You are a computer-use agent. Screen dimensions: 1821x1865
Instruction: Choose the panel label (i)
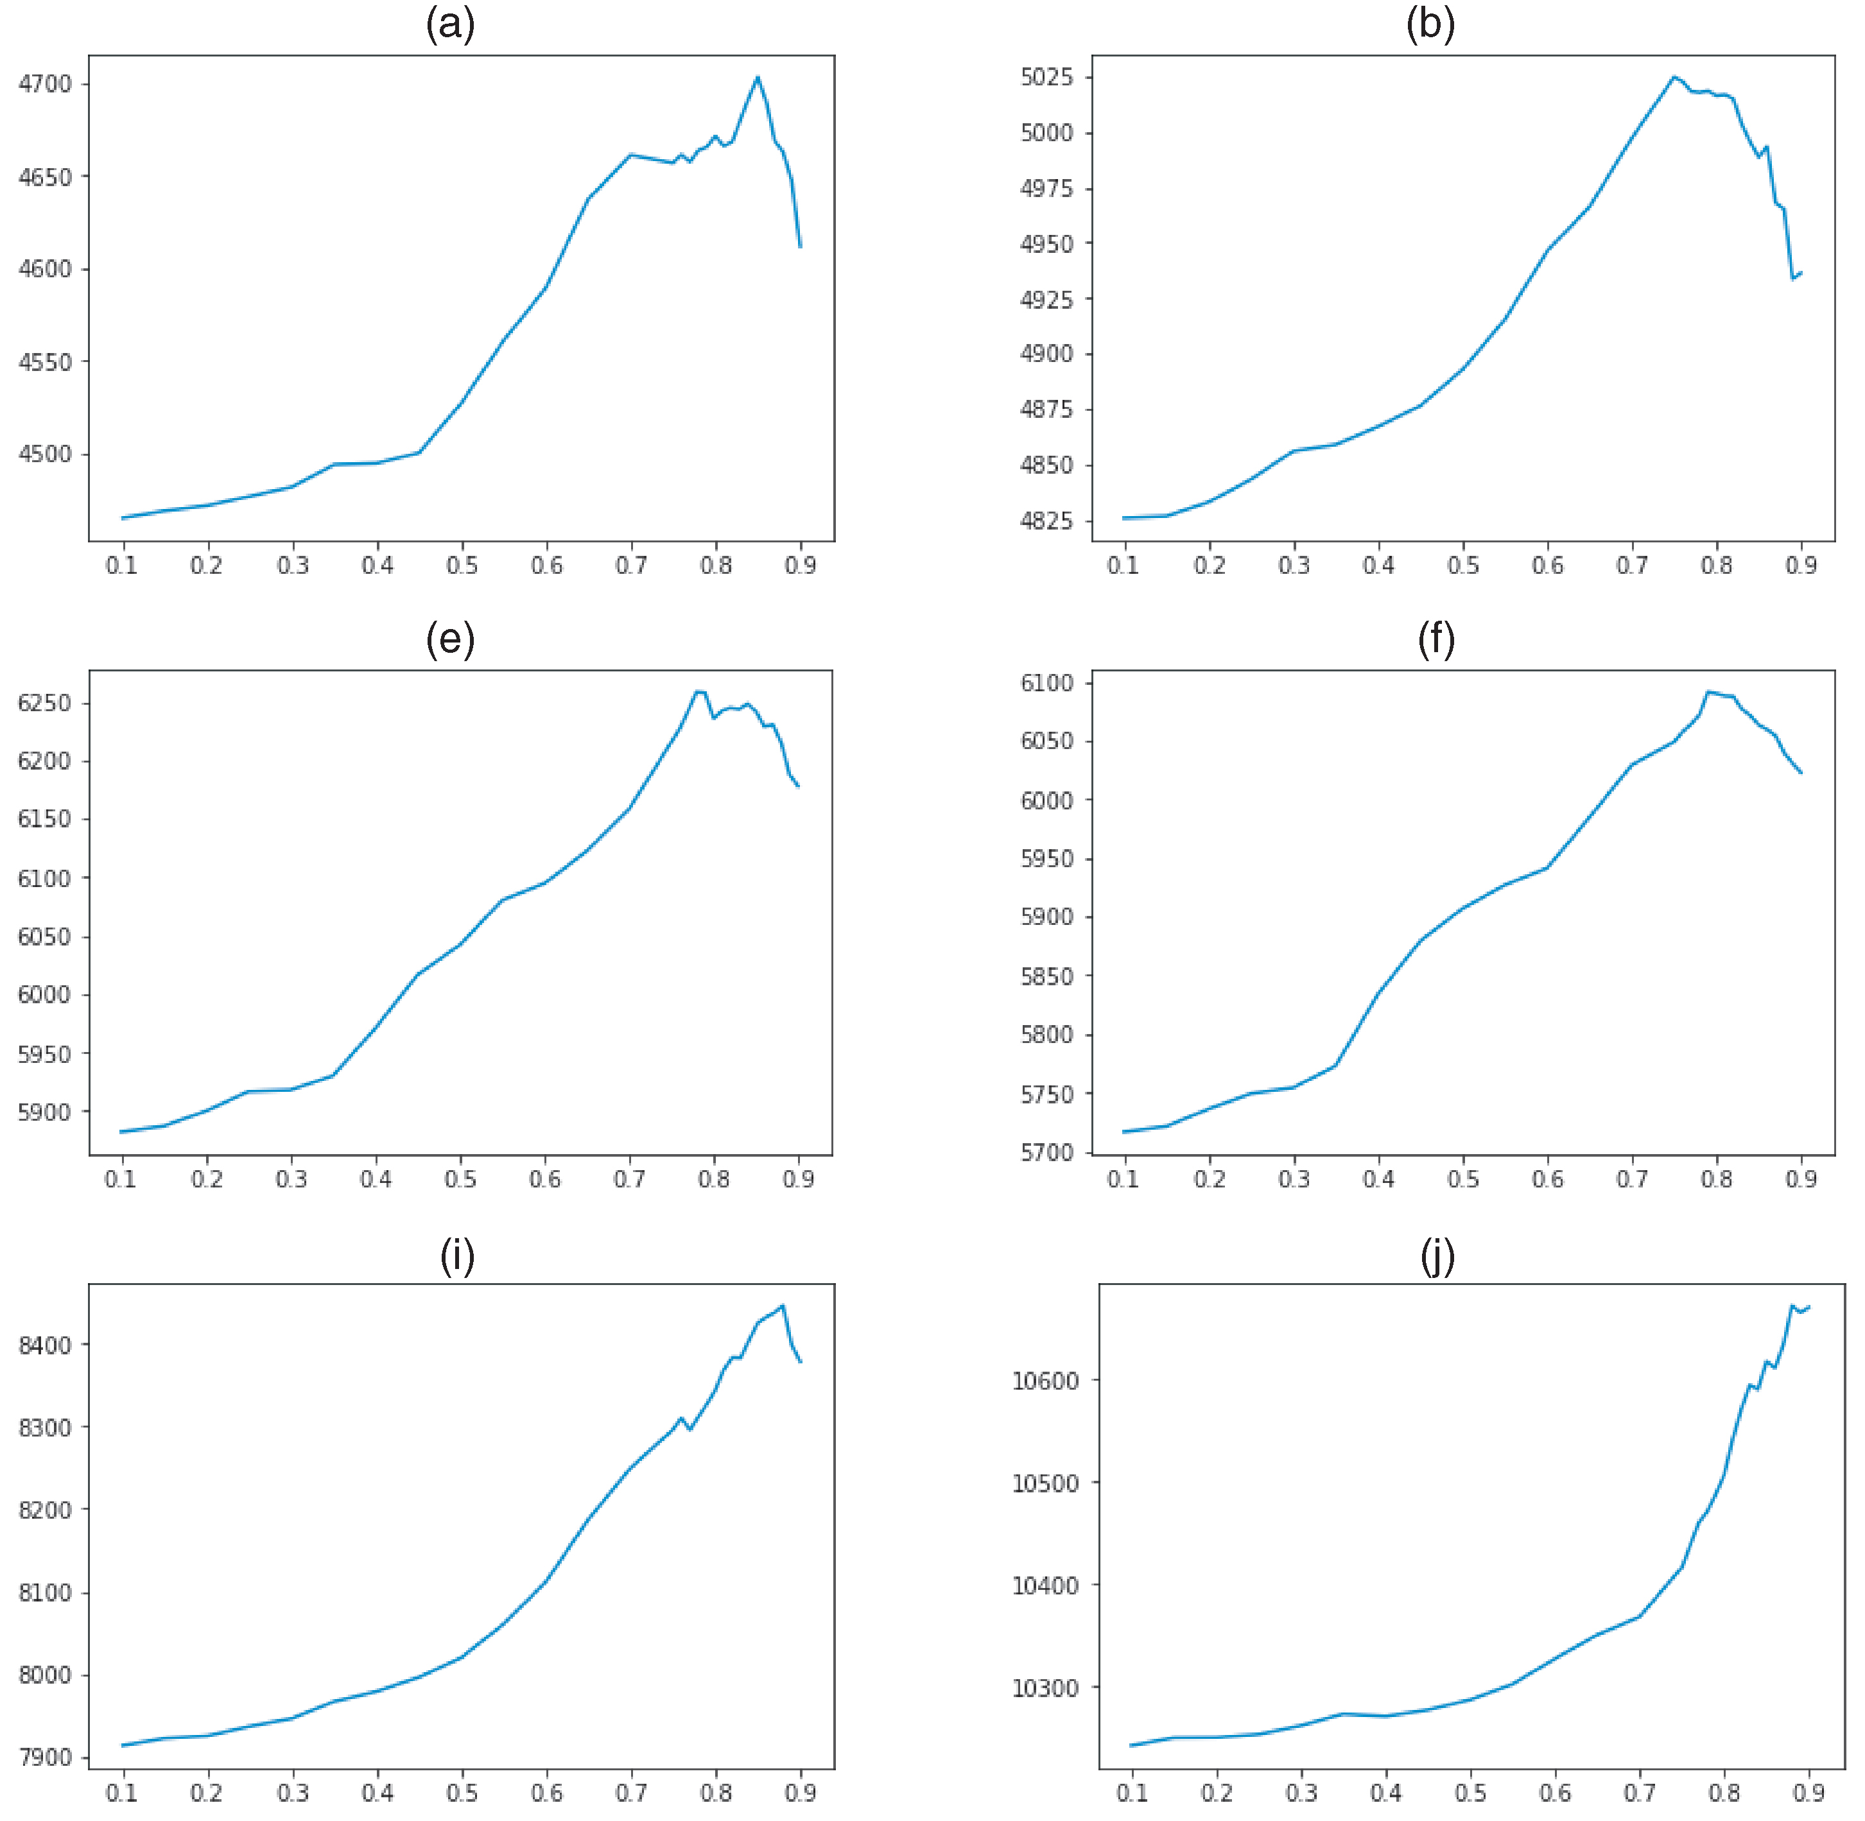click(457, 1256)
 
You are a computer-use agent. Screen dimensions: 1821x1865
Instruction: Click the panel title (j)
click(1437, 1256)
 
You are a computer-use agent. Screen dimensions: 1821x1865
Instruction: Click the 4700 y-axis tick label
click(45, 84)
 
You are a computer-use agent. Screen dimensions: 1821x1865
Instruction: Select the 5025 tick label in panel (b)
click(1046, 76)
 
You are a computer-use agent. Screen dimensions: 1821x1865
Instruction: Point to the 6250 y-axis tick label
click(44, 703)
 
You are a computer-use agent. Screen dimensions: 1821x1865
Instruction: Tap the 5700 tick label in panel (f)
click(1046, 1152)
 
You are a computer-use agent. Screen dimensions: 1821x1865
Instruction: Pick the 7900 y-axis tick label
click(45, 1757)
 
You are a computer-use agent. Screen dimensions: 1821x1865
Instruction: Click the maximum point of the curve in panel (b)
click(1674, 76)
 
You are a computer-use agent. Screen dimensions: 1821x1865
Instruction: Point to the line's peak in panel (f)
click(1708, 691)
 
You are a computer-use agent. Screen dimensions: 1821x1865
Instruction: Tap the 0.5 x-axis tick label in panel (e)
click(460, 1179)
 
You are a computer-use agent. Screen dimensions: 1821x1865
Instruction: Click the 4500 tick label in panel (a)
click(45, 454)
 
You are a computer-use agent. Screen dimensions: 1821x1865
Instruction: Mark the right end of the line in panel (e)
click(799, 786)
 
